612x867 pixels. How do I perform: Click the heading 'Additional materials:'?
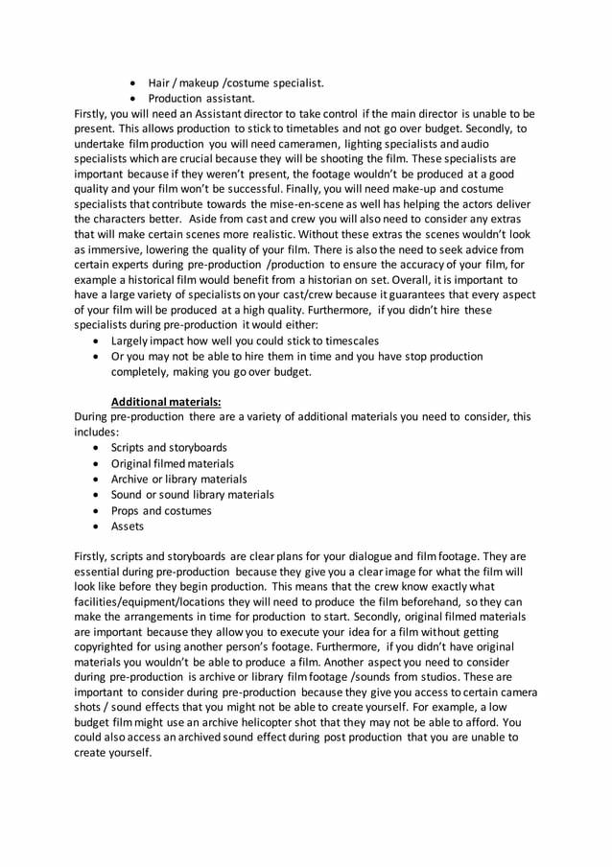[x=166, y=401]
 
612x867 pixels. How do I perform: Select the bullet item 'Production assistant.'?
[x=201, y=98]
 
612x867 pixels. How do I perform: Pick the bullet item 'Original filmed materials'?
[x=172, y=463]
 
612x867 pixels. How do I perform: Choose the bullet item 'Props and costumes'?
[x=161, y=510]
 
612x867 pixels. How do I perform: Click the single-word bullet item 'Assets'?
[x=128, y=526]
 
